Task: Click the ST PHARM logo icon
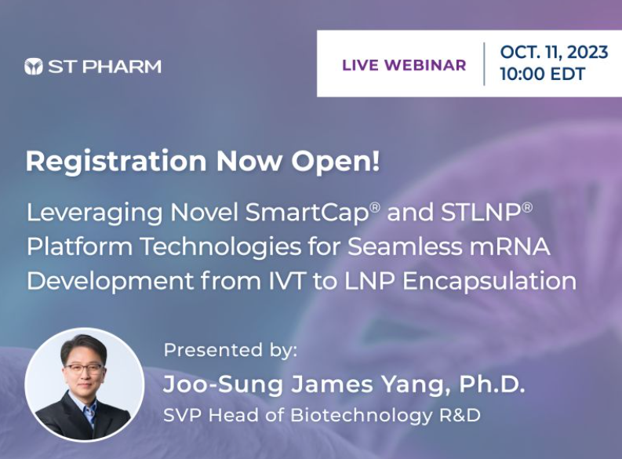[34, 67]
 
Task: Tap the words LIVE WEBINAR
[404, 65]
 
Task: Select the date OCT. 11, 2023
[554, 52]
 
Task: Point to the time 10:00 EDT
[543, 75]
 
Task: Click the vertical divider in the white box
[484, 64]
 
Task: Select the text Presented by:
[231, 351]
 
